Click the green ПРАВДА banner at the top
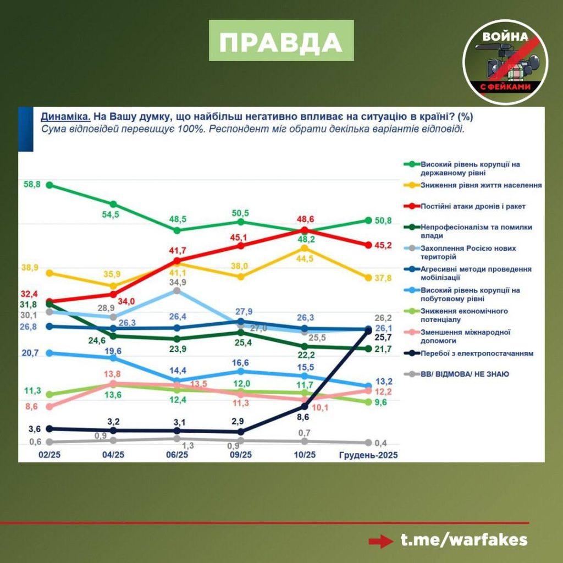[281, 41]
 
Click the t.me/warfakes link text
[463, 539]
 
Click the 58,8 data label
[32, 185]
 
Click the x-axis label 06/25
[177, 455]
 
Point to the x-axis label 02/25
[49, 455]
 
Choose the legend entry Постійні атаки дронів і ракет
[473, 206]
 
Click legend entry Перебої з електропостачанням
[476, 354]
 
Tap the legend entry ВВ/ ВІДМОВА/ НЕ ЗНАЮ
[464, 374]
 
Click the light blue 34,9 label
[176, 282]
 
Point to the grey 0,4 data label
[380, 443]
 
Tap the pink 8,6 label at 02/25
[32, 406]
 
